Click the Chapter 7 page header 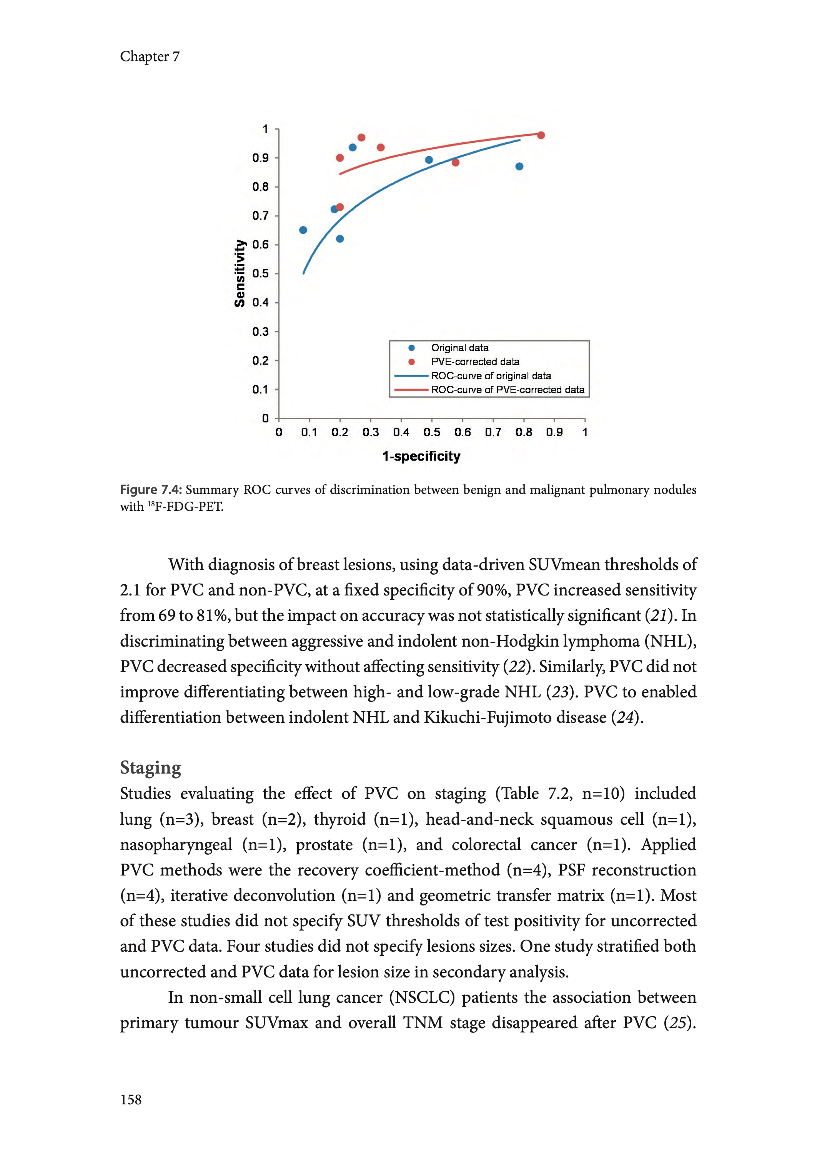point(150,57)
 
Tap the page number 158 point(131,1099)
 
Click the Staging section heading point(150,767)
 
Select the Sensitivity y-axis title point(240,273)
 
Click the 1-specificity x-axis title point(421,456)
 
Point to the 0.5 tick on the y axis point(261,273)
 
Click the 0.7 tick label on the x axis point(493,432)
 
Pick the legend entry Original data point(459,348)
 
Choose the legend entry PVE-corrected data point(475,361)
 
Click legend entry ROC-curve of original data point(491,375)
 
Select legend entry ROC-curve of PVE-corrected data point(507,390)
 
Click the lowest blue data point point(340,238)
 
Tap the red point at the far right point(541,135)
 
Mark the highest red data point point(361,137)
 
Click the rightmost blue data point point(519,166)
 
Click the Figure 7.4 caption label point(151,490)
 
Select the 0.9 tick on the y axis point(261,158)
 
